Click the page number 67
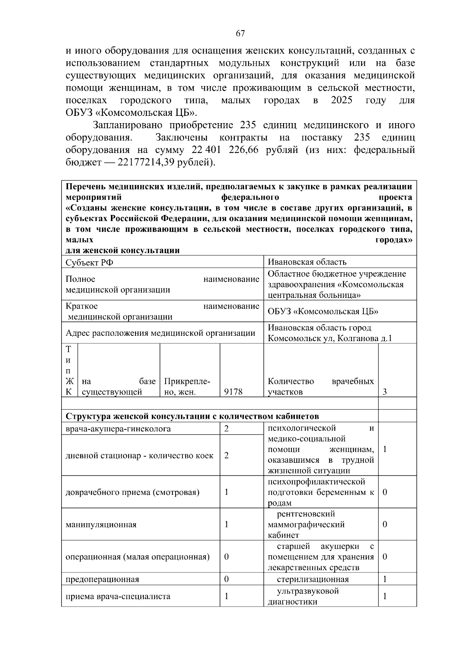click(240, 34)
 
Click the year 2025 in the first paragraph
click(341, 101)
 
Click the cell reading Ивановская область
click(307, 262)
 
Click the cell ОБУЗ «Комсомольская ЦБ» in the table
click(323, 311)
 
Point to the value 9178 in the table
click(233, 392)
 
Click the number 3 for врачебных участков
click(385, 392)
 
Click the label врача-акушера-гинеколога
click(118, 429)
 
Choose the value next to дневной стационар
click(226, 455)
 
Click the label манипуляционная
click(101, 524)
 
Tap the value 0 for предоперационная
click(226, 579)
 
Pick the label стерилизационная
click(313, 579)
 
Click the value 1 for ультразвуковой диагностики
click(385, 596)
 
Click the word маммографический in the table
click(306, 524)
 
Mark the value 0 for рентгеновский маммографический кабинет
click(385, 524)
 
